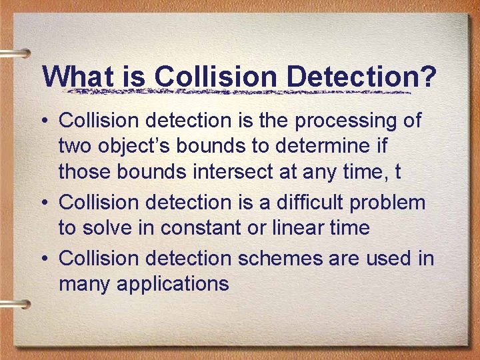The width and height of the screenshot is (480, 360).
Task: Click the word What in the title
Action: [x=78, y=76]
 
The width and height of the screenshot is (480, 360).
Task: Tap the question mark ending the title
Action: [x=428, y=76]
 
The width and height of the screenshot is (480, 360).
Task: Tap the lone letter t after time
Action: [x=397, y=172]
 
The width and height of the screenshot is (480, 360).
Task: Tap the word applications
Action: [x=173, y=284]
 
